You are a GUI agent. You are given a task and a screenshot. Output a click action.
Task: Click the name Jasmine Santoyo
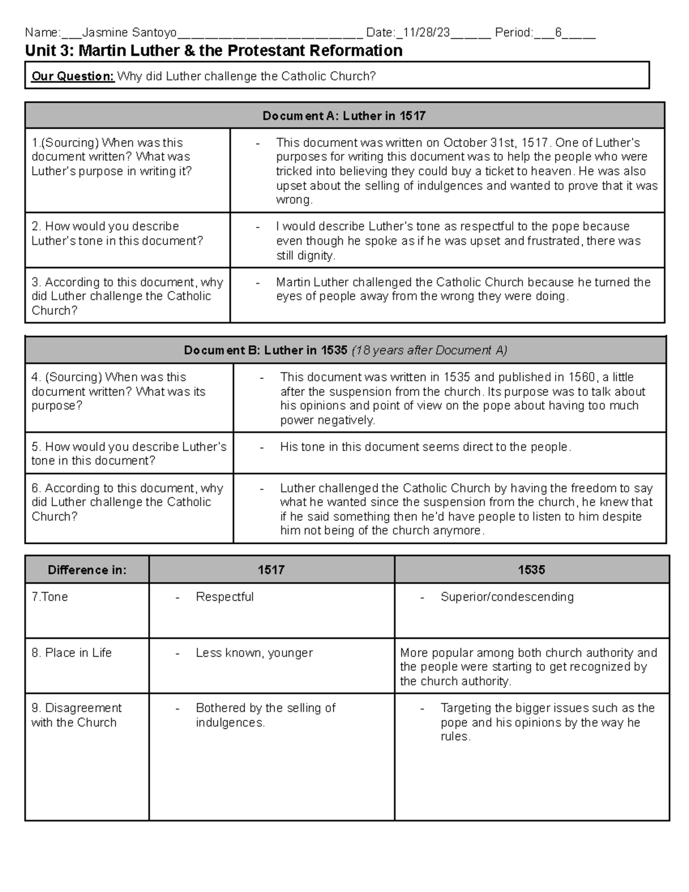coord(130,33)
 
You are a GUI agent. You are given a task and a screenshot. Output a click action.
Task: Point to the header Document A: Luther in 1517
coord(344,116)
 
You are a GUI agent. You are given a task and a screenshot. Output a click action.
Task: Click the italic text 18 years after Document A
coord(429,350)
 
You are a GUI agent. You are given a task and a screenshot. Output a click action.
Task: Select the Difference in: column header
coord(87,570)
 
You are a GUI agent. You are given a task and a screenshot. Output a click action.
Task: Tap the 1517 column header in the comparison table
coord(271,570)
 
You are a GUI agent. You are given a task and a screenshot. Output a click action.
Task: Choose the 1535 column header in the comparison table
coord(531,570)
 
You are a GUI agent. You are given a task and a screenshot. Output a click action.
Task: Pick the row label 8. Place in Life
coord(71,652)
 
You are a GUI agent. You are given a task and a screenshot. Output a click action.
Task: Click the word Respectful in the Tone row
coord(224,597)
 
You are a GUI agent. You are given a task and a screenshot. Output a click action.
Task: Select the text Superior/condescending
coord(507,597)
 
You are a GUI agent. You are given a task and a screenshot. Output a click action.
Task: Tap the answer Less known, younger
coord(254,652)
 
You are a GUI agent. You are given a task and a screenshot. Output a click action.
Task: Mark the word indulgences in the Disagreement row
coord(230,723)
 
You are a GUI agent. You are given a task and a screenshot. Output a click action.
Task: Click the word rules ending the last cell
coord(455,736)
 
